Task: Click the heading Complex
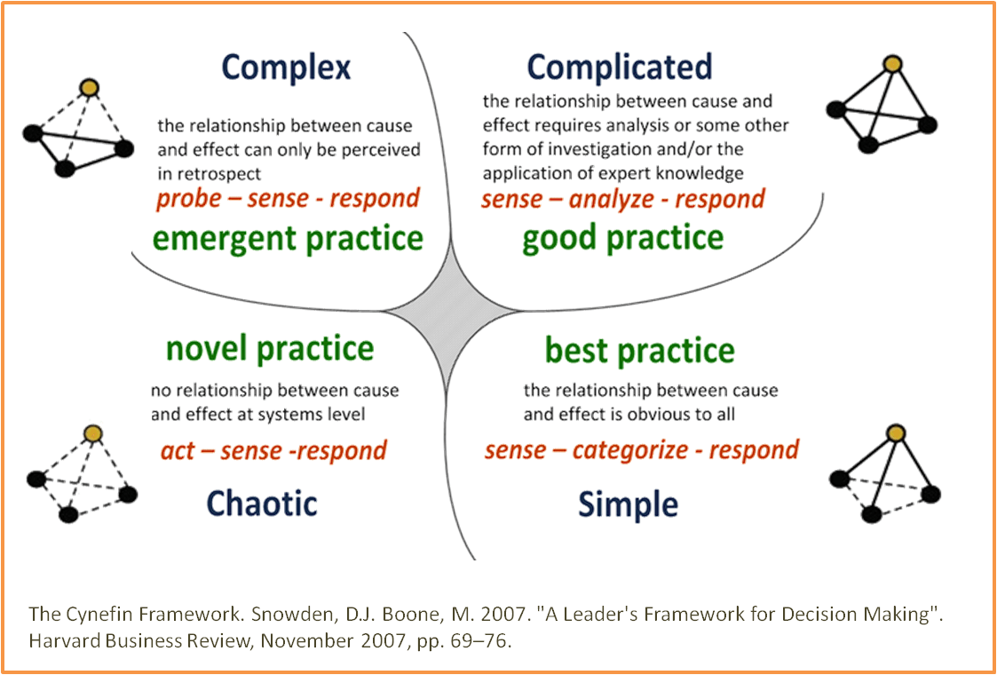tap(286, 68)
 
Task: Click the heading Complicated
tap(619, 67)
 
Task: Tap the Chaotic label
tap(262, 504)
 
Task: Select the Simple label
tap(628, 504)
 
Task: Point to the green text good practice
tap(622, 239)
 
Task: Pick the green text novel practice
tap(270, 348)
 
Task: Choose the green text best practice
tap(639, 351)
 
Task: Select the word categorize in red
tap(629, 450)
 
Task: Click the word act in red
tap(178, 451)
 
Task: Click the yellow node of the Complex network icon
tap(88, 87)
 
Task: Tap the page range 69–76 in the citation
tap(480, 639)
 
